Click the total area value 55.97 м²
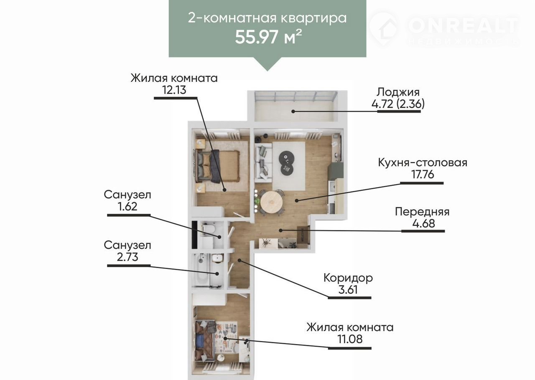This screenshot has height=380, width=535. point(268,37)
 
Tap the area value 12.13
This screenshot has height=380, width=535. point(174,90)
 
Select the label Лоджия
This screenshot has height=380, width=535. point(398,92)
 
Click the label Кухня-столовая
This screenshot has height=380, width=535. point(423,162)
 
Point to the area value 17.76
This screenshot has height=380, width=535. point(423,175)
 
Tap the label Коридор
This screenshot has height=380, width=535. point(348,278)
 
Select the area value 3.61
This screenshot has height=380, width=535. point(348,290)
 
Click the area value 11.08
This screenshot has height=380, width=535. point(350,339)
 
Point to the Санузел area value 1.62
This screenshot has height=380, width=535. point(127,206)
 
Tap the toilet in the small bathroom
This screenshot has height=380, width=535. point(209,228)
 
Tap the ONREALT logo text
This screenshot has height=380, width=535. point(463,25)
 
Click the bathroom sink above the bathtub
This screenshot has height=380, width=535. point(217,258)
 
